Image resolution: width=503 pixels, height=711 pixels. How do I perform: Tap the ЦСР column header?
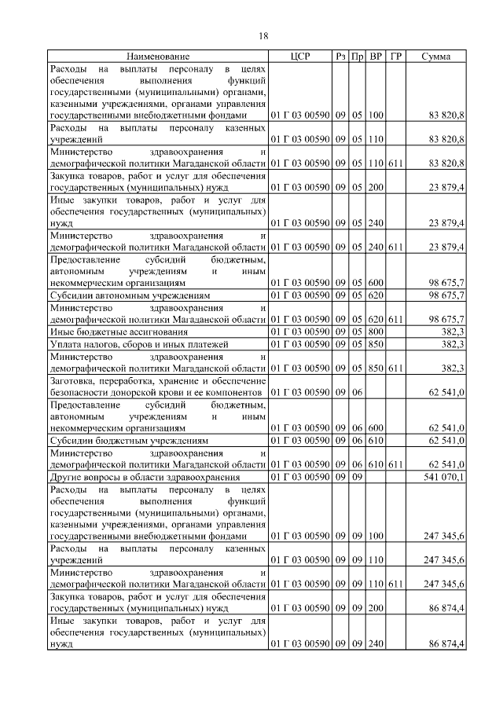click(x=300, y=57)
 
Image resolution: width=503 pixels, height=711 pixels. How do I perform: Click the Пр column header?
click(x=358, y=57)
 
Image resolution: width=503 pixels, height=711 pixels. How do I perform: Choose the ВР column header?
click(x=376, y=57)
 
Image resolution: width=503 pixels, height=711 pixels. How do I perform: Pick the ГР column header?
click(x=395, y=57)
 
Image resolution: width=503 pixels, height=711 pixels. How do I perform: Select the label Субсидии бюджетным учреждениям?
click(x=129, y=442)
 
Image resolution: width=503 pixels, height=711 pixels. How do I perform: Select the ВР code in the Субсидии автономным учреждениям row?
click(x=376, y=295)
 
